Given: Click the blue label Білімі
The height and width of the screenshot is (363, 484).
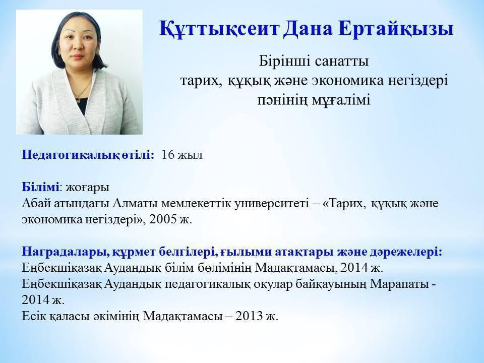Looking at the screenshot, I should [40, 187].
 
